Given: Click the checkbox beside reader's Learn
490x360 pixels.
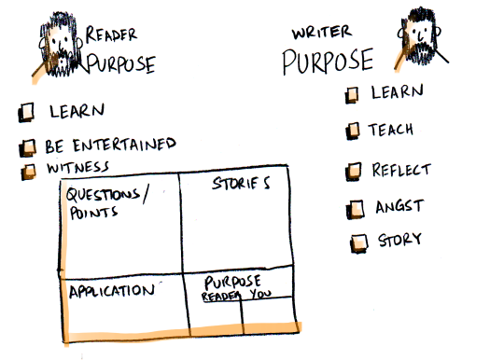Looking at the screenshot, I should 28,111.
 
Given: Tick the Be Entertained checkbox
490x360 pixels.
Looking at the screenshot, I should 28,146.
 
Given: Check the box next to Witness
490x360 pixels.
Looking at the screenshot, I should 29,169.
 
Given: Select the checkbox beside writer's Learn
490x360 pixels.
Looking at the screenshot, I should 353,94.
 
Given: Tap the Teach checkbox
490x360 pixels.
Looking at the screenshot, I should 354,132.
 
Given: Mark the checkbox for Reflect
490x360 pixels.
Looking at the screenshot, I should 354,172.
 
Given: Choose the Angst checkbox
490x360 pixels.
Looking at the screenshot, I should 356,207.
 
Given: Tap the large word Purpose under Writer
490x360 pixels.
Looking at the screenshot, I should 328,62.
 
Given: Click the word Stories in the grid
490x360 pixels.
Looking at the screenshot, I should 242,183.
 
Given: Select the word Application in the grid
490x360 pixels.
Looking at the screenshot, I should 110,290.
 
